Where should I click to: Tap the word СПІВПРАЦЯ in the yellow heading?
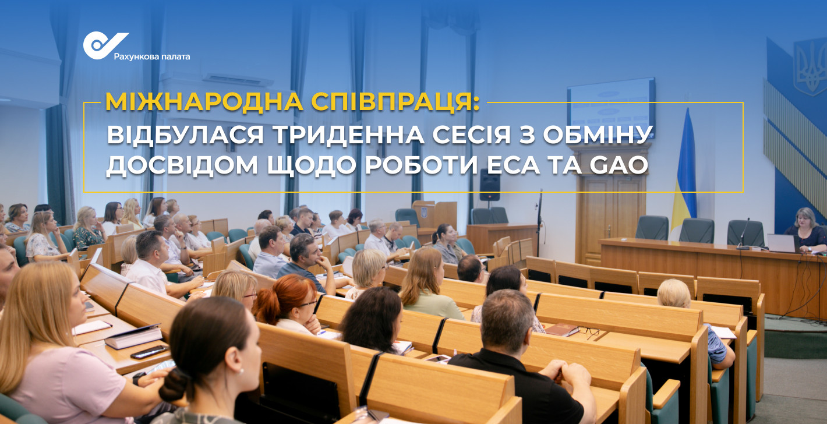coord(395,102)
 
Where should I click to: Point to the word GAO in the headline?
coord(619,165)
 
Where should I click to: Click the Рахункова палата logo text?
coord(152,57)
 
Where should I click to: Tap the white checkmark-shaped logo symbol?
coord(104,45)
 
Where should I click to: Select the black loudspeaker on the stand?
coord(490,185)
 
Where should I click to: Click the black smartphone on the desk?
coord(149,352)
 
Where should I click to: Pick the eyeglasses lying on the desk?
coord(589,331)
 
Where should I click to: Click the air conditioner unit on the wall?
coord(238,79)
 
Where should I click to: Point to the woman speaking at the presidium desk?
coord(807,229)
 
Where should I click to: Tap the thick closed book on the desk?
coord(133,337)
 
